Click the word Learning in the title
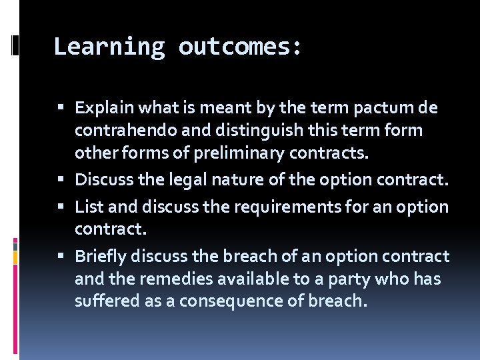click(109, 47)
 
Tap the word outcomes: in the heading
click(240, 47)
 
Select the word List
click(89, 207)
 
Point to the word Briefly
click(101, 257)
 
